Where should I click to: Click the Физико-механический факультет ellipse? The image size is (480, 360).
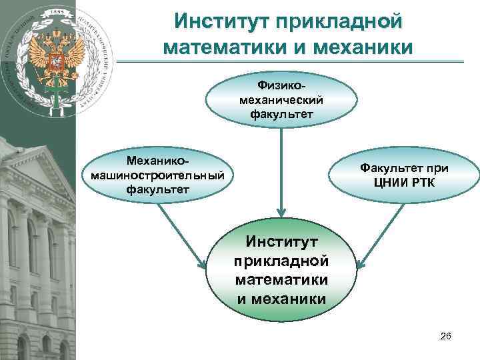[x=281, y=99]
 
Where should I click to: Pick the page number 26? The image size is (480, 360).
[x=446, y=338]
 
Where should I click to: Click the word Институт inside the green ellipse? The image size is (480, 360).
[x=281, y=239]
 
